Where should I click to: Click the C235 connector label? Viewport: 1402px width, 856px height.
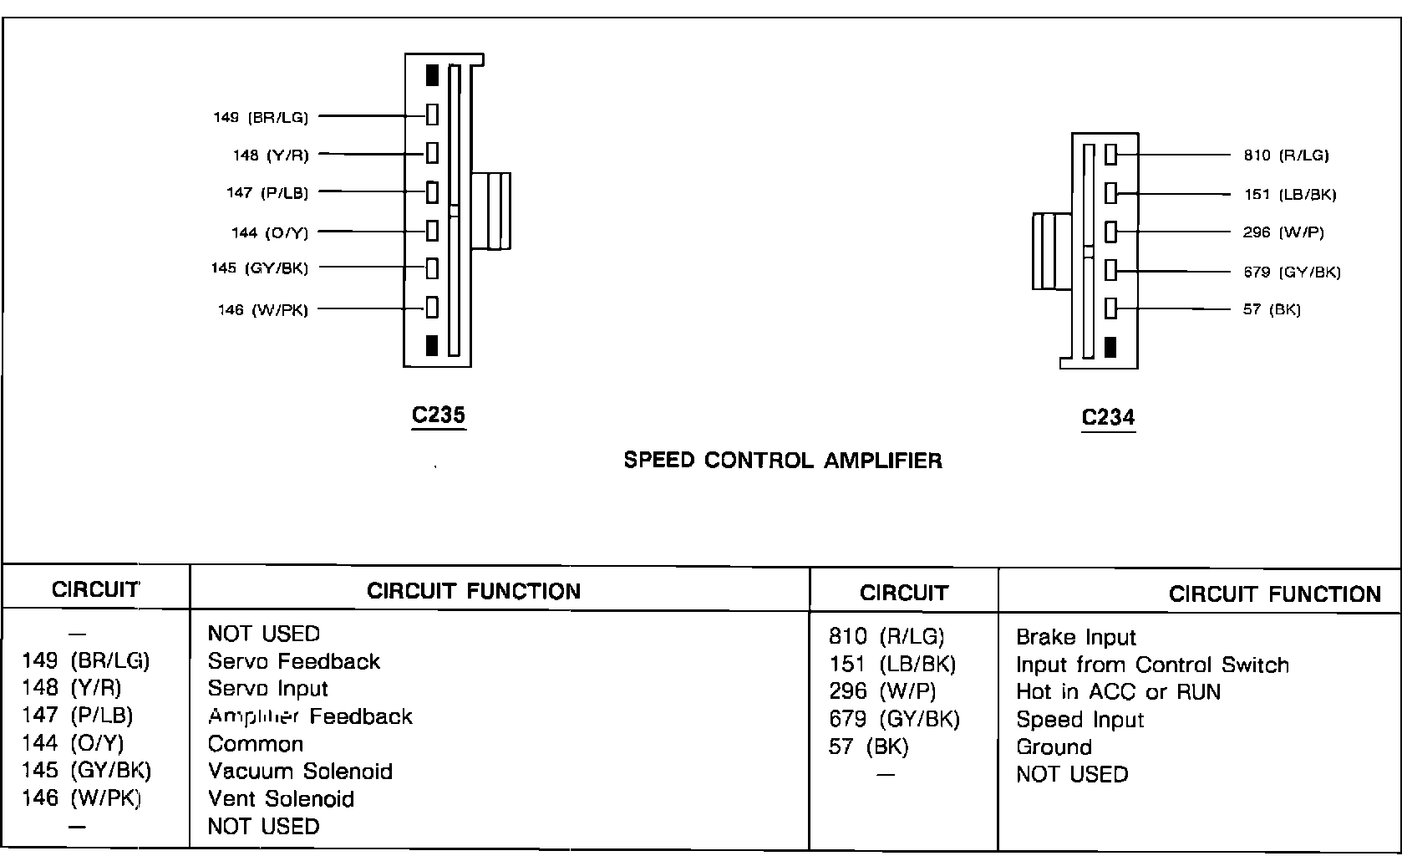click(438, 415)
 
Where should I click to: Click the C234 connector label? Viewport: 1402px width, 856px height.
click(1108, 417)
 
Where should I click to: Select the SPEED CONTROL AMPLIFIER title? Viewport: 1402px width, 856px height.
click(783, 461)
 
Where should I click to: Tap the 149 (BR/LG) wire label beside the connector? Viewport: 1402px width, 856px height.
click(261, 118)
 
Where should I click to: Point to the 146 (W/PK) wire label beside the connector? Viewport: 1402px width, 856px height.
click(262, 310)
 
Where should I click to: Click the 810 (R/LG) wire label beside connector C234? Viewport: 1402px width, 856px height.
click(1286, 155)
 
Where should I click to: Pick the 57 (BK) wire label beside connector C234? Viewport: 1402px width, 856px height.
click(1272, 309)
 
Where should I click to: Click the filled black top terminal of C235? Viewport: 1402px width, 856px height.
click(432, 75)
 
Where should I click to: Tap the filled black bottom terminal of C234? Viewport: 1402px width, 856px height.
click(1110, 347)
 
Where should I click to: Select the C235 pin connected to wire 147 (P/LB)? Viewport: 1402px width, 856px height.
click(432, 192)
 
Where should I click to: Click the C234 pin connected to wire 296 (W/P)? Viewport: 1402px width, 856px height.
click(1110, 232)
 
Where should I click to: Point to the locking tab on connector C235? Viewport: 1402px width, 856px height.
click(491, 211)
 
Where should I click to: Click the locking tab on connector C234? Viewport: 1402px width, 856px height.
click(1051, 251)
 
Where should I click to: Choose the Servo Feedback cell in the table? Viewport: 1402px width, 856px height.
click(293, 661)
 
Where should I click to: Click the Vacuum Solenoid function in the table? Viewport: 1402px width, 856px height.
click(300, 771)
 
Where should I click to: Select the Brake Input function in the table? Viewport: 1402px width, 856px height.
click(1075, 637)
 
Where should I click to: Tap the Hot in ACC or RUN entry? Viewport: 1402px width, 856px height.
click(1118, 692)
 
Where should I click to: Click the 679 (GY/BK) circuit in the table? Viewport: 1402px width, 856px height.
click(894, 719)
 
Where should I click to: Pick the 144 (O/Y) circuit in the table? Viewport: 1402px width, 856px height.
click(74, 742)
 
